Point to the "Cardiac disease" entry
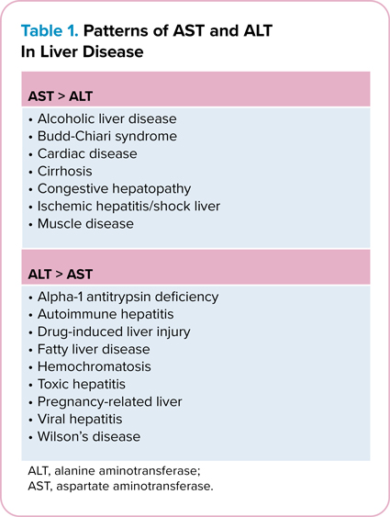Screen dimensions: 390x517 (x=88, y=154)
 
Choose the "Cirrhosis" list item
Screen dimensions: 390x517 (x=71, y=172)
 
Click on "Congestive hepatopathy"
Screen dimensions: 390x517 (x=113, y=189)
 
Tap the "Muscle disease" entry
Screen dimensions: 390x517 (x=86, y=223)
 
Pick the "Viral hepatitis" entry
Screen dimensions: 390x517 (x=85, y=419)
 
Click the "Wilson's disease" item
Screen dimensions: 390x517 (x=90, y=436)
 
